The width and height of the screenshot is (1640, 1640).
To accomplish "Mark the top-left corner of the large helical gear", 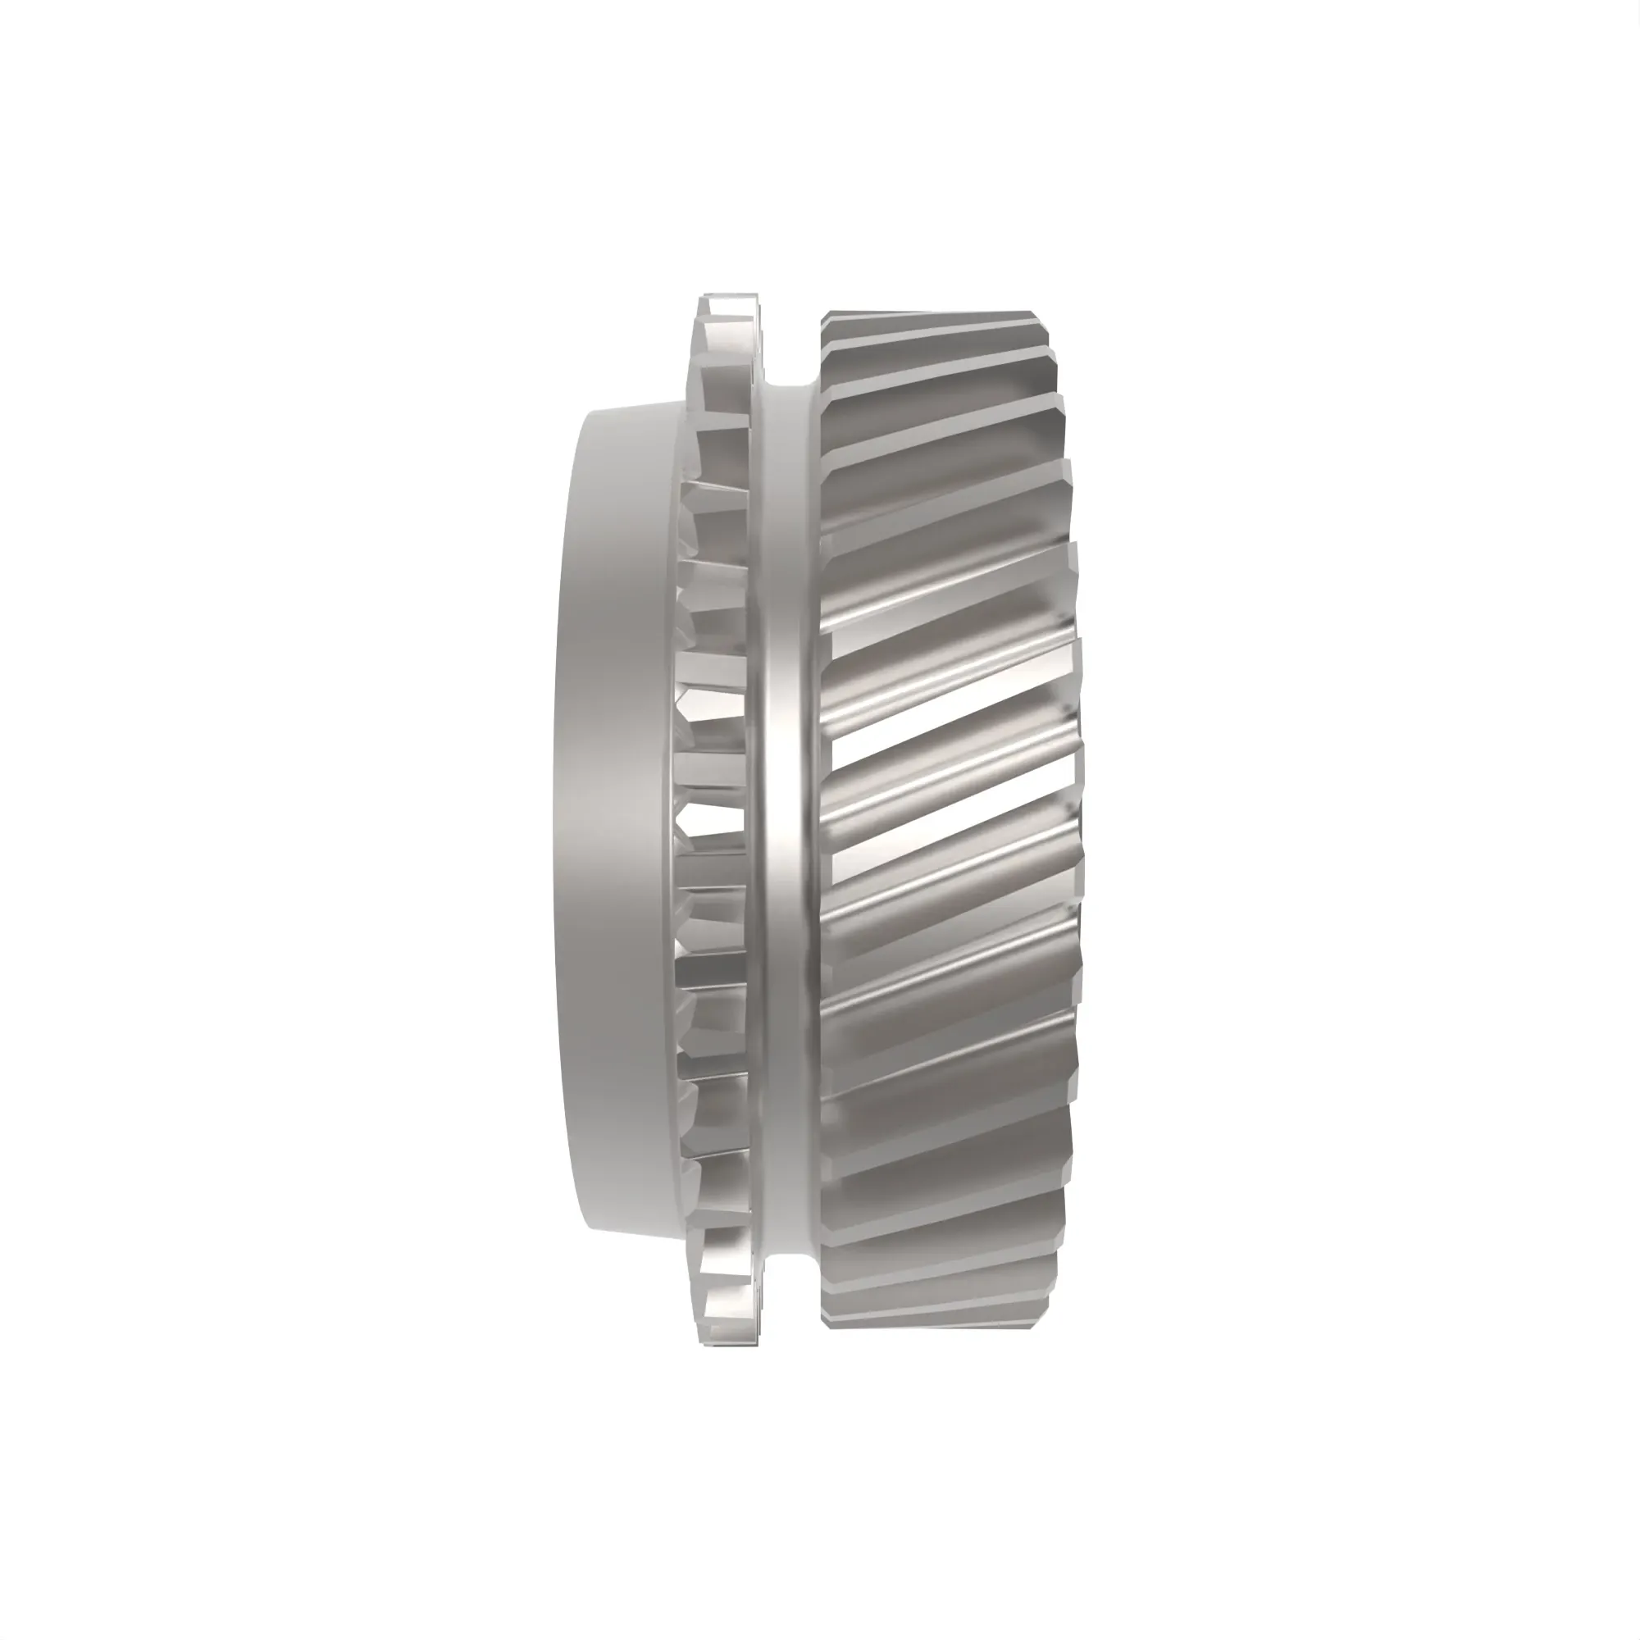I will (823, 316).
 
